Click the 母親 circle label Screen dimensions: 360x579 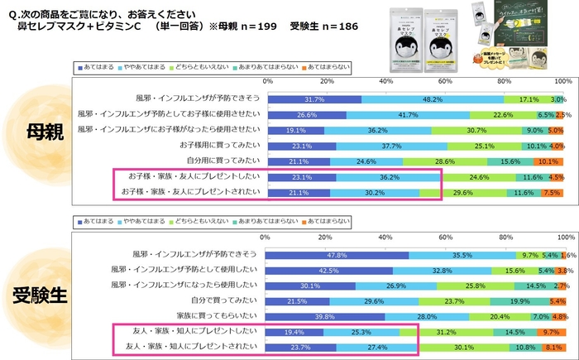[37, 132]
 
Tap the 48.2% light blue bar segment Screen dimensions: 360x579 [432, 98]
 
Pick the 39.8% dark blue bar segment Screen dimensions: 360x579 [326, 316]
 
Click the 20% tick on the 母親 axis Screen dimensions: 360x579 [326, 81]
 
